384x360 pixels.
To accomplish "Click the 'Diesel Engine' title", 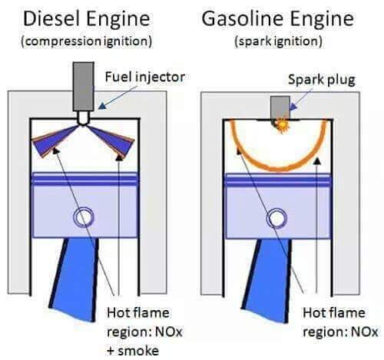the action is pos(86,19).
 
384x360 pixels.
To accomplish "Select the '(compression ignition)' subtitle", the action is pos(86,41).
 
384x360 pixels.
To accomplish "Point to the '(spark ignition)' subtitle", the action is pos(278,41).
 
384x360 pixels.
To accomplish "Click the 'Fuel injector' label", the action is pos(145,78).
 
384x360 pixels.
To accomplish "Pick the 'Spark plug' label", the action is pos(322,80).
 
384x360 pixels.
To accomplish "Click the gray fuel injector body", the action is pos(83,87).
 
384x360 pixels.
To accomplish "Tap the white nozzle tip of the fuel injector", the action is pos(83,118).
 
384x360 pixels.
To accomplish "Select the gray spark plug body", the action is pos(280,107).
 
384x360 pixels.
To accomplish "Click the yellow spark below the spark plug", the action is pos(282,125).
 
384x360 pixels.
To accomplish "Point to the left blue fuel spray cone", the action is pos(52,140).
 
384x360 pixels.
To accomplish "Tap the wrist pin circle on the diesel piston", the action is pos(84,217).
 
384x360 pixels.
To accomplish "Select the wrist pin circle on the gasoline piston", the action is pos(276,218).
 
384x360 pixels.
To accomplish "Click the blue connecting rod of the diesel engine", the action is pos(74,279).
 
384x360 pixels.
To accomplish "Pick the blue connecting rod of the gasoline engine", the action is pos(266,281).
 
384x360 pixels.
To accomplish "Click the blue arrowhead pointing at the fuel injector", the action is pos(102,106).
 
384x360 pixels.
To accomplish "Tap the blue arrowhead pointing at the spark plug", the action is pos(293,106).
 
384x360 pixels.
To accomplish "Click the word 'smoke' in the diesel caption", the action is pos(138,351).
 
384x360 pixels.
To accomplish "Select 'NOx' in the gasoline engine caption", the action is pos(365,332).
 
